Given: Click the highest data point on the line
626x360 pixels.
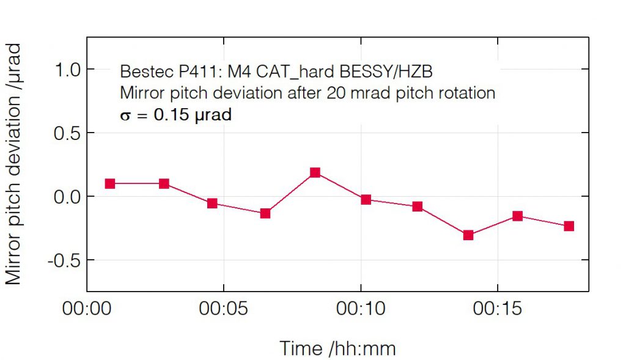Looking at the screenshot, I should tap(315, 172).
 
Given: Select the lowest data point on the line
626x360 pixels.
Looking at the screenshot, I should tap(468, 235).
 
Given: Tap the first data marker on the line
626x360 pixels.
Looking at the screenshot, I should tap(110, 183).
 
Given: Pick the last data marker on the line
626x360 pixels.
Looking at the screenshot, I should tap(569, 226).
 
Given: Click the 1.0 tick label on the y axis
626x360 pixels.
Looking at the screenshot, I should tap(68, 70).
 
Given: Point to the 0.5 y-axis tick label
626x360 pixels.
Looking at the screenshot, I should tap(68, 133).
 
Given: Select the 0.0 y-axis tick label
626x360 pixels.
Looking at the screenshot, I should tap(68, 197).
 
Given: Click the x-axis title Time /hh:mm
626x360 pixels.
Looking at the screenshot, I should tap(337, 348).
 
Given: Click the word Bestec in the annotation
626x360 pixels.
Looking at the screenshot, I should tap(139, 72).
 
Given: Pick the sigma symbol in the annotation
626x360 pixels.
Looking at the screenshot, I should tap(125, 115).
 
